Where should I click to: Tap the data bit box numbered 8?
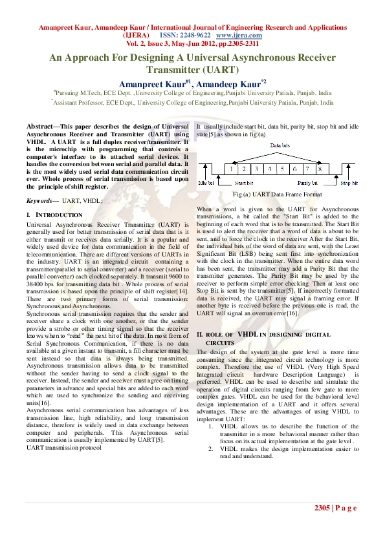[320, 169]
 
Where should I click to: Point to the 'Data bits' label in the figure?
[280, 146]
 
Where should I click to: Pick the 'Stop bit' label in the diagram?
[349, 183]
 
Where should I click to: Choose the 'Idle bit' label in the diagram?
[206, 183]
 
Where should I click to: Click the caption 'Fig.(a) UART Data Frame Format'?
[278, 194]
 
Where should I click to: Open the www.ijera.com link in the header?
[235, 35]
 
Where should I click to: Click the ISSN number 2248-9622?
[194, 35]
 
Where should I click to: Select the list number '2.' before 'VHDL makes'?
[211, 448]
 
